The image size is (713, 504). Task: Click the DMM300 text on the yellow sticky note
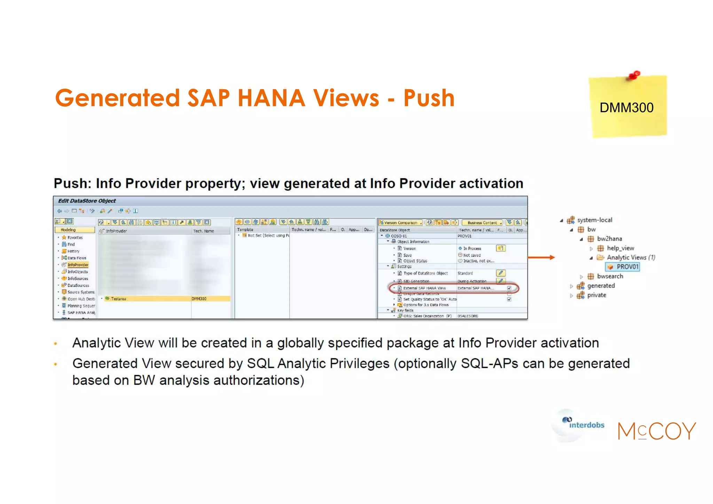(x=626, y=108)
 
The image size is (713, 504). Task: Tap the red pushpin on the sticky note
(x=635, y=75)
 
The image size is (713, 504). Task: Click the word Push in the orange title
(x=429, y=98)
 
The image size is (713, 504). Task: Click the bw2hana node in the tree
(x=609, y=239)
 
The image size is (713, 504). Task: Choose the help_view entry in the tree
(x=620, y=248)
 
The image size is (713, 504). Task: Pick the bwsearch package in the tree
(x=610, y=276)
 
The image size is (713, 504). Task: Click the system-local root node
(x=594, y=220)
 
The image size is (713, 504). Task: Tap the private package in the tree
(x=596, y=295)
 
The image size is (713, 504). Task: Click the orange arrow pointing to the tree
(x=541, y=257)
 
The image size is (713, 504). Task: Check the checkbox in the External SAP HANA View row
(x=509, y=288)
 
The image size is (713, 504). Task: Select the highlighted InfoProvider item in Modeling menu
(x=78, y=265)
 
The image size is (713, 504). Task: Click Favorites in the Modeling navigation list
(x=75, y=238)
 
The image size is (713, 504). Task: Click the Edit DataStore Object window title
(x=87, y=201)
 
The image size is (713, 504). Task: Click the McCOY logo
(x=657, y=431)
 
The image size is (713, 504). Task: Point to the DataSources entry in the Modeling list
(x=78, y=285)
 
